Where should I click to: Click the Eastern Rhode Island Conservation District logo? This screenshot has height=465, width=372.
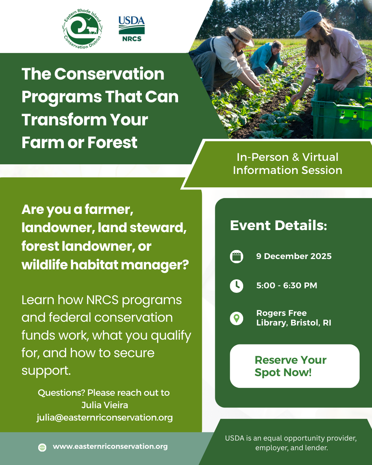[82, 29]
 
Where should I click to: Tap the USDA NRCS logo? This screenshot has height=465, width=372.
[132, 29]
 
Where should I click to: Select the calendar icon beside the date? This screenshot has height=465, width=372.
[237, 257]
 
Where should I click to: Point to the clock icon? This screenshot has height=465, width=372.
[237, 286]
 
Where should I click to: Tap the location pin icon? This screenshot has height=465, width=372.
[237, 318]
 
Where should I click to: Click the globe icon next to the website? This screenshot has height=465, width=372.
[42, 447]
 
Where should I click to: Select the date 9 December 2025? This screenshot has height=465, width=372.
[294, 256]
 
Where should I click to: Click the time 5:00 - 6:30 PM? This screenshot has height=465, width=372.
[287, 286]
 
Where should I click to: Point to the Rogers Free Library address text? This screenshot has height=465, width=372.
[293, 318]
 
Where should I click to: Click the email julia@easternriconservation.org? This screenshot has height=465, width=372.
[105, 417]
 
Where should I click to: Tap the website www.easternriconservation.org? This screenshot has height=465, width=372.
[110, 446]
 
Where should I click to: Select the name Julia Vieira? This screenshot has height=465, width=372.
[105, 405]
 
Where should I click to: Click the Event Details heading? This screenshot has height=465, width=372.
[278, 226]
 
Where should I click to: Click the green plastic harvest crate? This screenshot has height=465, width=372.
[341, 110]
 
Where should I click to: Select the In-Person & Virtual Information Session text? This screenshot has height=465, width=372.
[287, 164]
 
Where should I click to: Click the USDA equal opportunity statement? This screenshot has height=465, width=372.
[291, 443]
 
